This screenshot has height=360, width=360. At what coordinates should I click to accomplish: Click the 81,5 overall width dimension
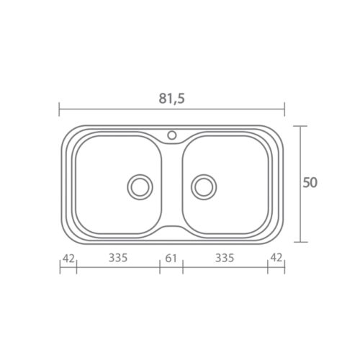[172, 99]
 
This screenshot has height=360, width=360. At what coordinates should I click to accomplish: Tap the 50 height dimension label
[310, 182]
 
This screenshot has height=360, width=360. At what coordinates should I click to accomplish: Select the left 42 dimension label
[68, 258]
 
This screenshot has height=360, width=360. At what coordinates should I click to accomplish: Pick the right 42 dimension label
[276, 258]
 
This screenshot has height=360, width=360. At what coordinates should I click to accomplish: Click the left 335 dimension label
[118, 258]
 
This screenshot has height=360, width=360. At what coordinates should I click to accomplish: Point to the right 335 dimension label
[225, 258]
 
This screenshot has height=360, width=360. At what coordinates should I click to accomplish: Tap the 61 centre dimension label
[171, 258]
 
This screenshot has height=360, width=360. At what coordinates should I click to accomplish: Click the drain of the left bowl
[140, 186]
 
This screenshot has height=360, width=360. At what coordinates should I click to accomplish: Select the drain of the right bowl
[204, 186]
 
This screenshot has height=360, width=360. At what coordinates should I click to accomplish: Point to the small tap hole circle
[172, 135]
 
